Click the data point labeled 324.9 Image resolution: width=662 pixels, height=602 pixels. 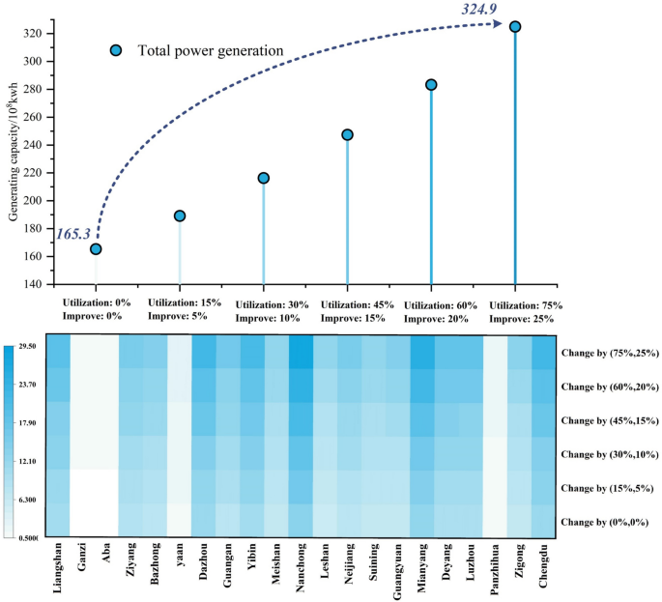[x=515, y=27]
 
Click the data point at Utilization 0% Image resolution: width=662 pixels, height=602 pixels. [x=96, y=249]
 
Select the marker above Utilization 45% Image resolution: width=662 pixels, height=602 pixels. [x=347, y=135]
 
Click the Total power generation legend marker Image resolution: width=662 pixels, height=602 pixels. [x=116, y=50]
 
